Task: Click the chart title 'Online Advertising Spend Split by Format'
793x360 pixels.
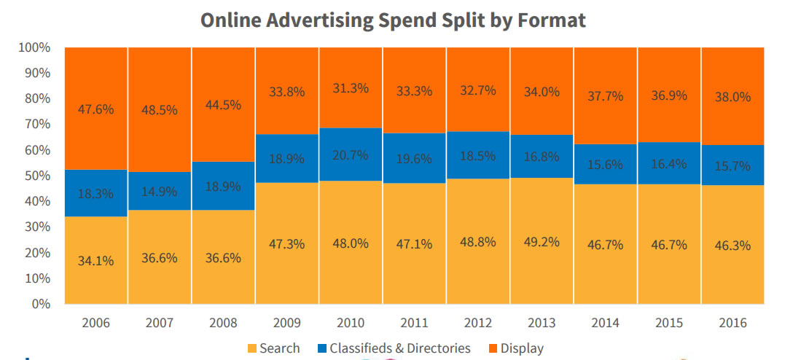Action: (393, 20)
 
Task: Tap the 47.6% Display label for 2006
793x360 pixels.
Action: (96, 110)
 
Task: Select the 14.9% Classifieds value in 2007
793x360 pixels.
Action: (160, 193)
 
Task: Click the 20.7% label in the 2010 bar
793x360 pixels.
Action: (351, 154)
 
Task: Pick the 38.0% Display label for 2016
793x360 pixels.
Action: (732, 97)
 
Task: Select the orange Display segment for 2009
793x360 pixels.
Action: (287, 117)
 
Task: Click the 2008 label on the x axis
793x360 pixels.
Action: (224, 321)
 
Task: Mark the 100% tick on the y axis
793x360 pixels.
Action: (34, 47)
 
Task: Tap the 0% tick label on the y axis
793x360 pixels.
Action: (40, 304)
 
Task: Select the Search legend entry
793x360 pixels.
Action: (273, 348)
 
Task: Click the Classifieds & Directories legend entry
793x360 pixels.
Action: (393, 348)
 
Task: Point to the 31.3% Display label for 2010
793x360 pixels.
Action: (351, 87)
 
